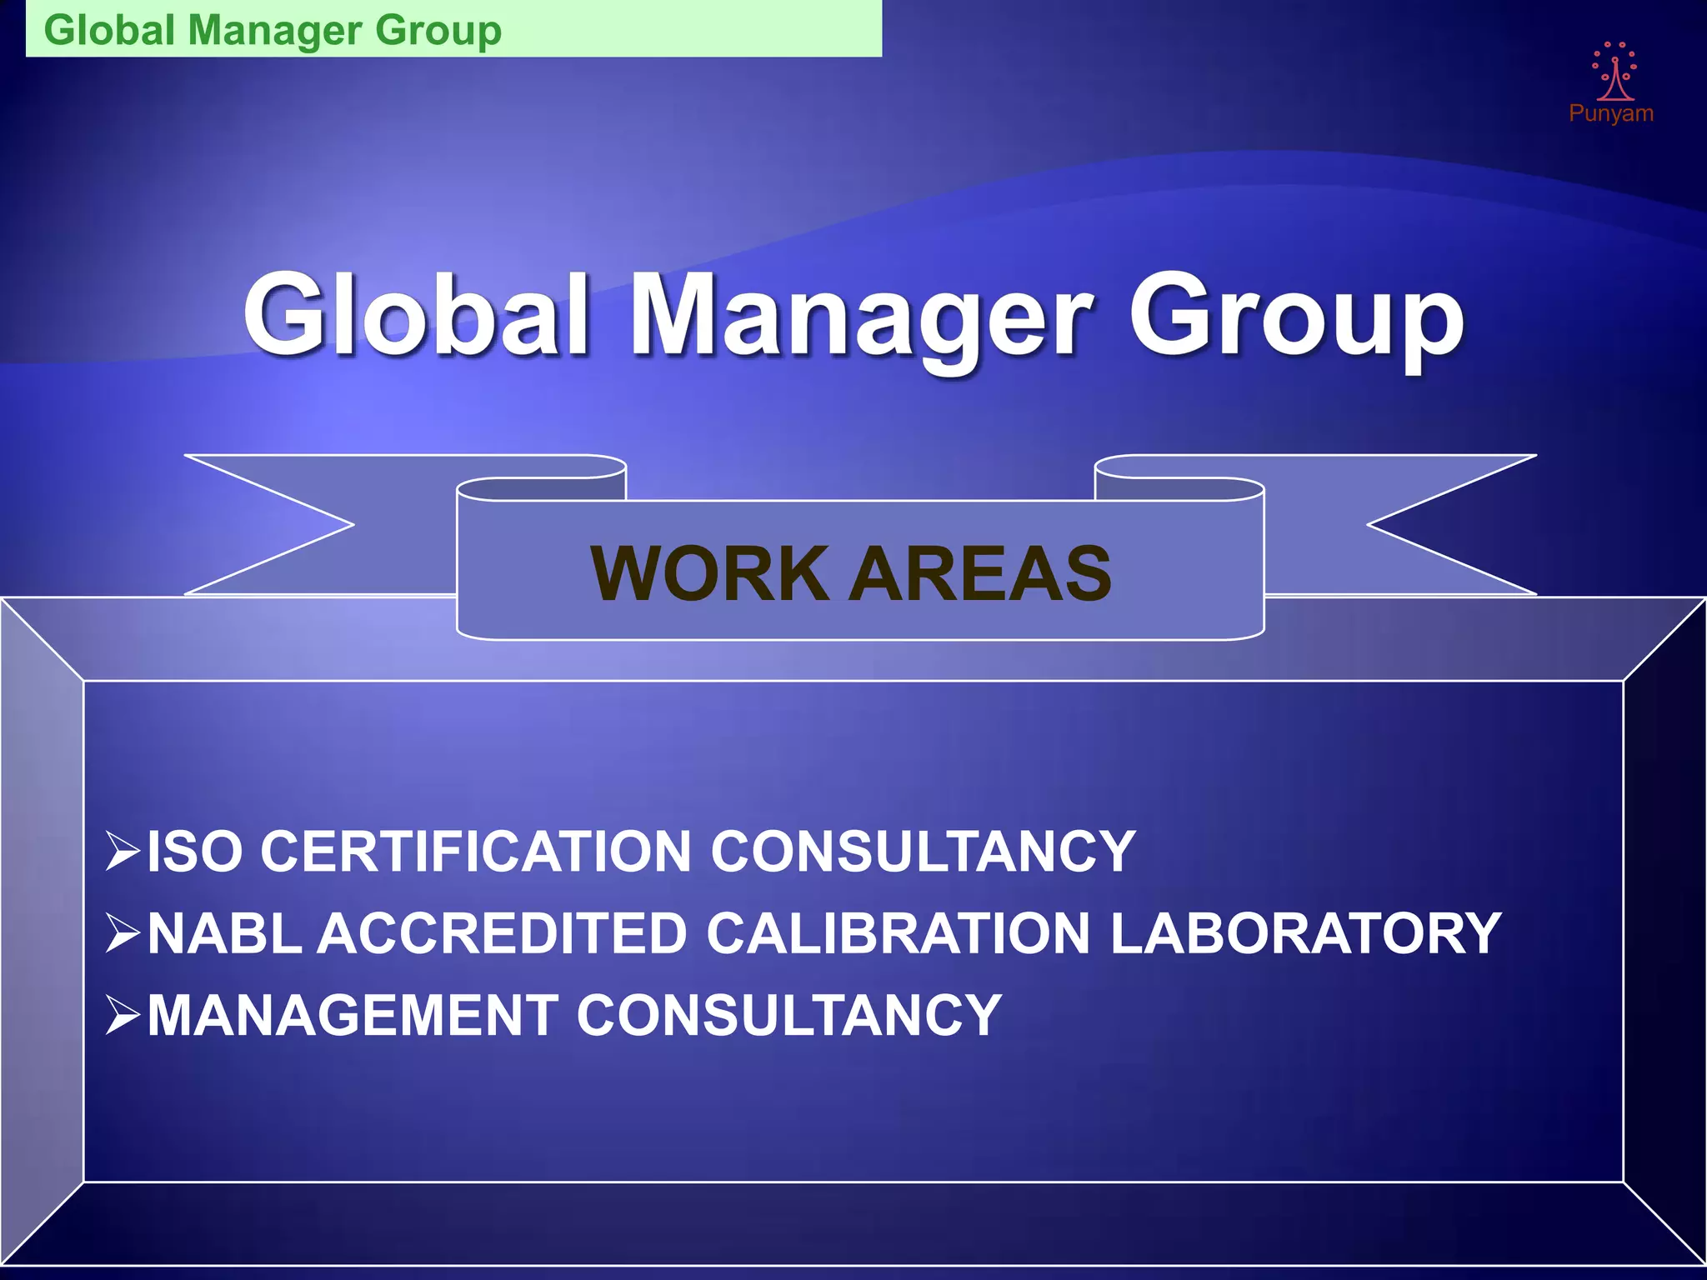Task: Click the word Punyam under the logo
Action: [1610, 113]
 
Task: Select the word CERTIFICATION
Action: [475, 852]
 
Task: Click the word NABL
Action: [223, 933]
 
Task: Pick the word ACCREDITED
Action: [502, 933]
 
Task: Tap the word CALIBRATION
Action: [899, 933]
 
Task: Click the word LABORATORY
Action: [1305, 933]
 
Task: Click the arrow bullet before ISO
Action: [123, 851]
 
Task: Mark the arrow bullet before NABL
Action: [123, 932]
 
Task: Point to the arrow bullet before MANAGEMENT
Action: [123, 1014]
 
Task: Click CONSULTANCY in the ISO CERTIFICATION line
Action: [923, 852]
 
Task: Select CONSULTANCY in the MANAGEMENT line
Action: [788, 1015]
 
